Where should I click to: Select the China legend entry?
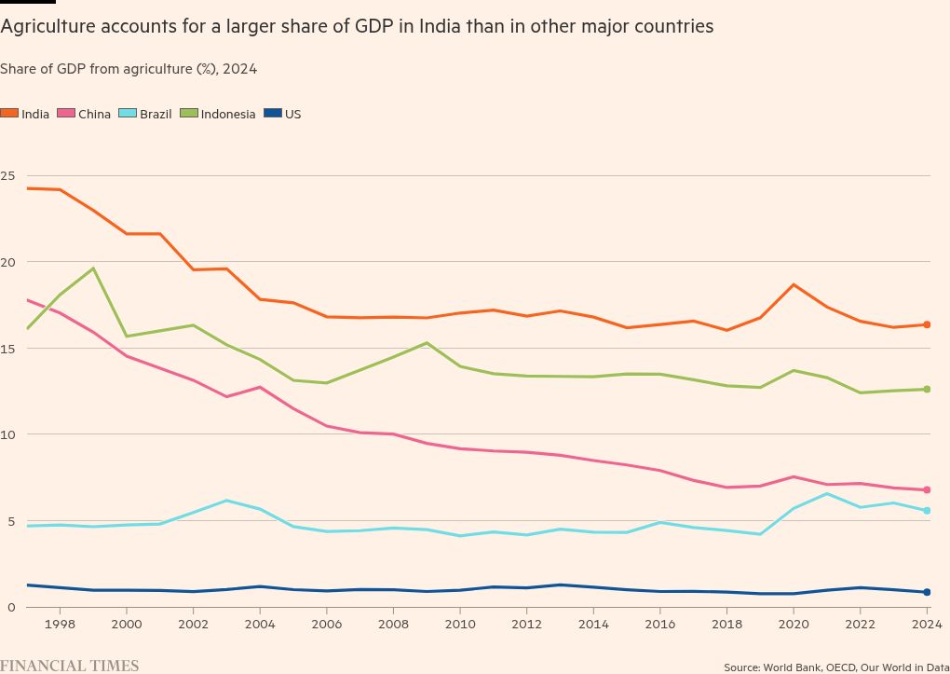pos(85,114)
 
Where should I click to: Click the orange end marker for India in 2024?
pos(927,324)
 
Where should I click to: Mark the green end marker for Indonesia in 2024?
pos(927,389)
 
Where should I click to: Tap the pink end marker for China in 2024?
pos(927,489)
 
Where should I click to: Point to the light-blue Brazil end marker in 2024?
pos(927,511)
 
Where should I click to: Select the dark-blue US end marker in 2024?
pos(927,592)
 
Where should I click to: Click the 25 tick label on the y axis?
pos(8,175)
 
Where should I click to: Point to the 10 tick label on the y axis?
pos(8,434)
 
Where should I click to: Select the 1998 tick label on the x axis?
pos(60,624)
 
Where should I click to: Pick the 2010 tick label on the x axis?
pos(459,624)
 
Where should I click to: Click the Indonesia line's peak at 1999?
pos(93,268)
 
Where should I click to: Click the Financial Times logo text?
pos(70,666)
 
